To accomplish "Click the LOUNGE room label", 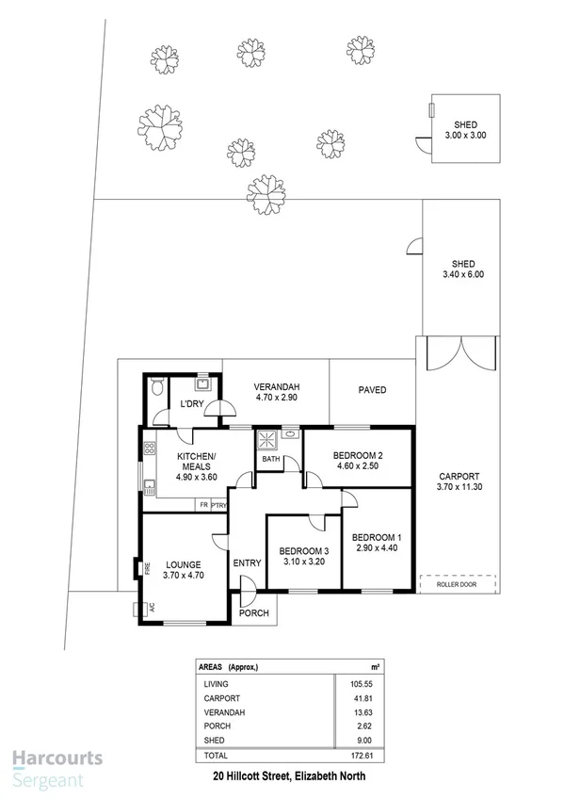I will (x=183, y=564).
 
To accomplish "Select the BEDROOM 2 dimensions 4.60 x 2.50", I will (x=357, y=465).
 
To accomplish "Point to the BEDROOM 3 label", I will (x=302, y=551).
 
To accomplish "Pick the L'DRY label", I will (x=193, y=405).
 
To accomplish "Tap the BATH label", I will (x=271, y=459).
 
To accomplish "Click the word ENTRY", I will (x=247, y=563).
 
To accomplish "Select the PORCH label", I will (x=254, y=613).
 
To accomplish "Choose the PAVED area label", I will (x=372, y=390).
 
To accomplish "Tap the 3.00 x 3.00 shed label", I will (x=465, y=136).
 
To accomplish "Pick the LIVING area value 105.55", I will (x=348, y=683).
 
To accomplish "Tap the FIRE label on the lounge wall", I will (x=147, y=568).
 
